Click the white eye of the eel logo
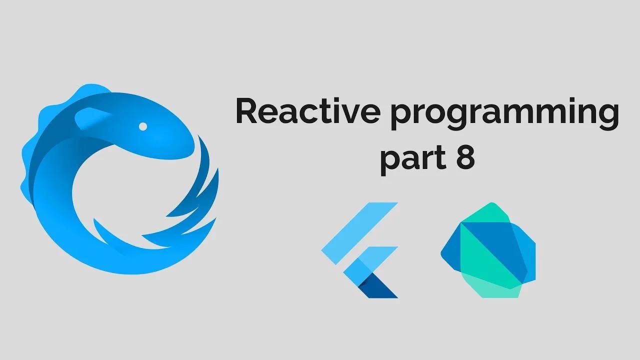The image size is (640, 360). click(143, 126)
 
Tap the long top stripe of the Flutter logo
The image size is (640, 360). click(359, 233)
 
